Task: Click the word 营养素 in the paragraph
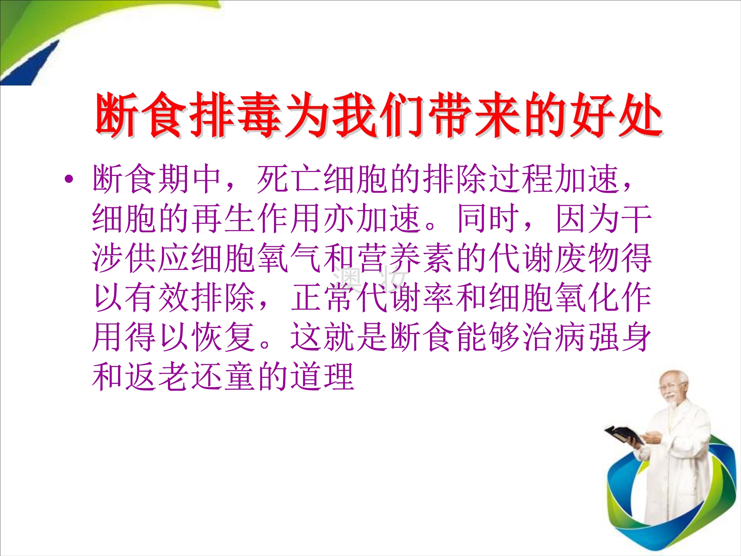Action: pyautogui.click(x=405, y=258)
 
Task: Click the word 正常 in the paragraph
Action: pyautogui.click(x=322, y=298)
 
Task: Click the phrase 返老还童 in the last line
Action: pyautogui.click(x=190, y=377)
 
